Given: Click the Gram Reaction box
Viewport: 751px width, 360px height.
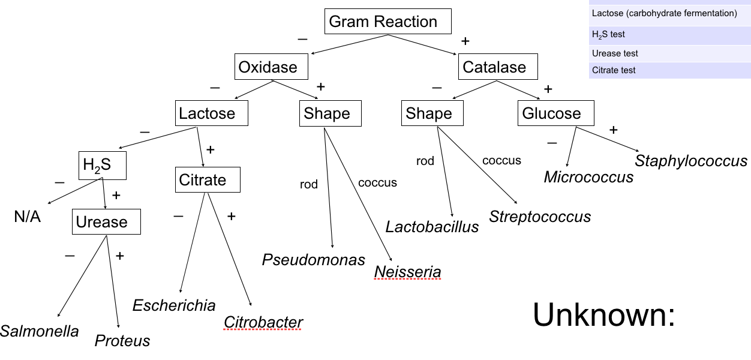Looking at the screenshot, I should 387,22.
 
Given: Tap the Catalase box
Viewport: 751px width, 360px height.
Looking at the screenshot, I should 497,67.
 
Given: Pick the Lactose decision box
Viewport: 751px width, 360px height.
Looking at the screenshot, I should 212,113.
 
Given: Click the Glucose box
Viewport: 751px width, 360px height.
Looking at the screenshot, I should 555,113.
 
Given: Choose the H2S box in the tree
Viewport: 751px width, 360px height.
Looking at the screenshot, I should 102,165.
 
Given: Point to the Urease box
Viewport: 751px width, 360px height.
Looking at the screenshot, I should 106,221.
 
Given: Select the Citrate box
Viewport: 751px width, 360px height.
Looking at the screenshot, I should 207,179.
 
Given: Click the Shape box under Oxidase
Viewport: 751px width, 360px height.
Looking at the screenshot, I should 330,113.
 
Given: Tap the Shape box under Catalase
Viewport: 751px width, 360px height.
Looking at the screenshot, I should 432,113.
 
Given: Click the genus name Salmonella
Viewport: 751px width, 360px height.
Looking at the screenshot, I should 40,331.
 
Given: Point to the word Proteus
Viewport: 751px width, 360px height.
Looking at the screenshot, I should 122,341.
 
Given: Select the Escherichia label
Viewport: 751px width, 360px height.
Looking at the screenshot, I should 174,305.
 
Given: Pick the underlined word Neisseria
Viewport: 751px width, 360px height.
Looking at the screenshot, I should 408,272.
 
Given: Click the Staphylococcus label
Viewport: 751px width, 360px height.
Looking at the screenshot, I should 691,161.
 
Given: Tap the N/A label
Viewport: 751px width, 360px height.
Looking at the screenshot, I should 28,217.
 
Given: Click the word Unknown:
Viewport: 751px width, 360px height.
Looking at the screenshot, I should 604,314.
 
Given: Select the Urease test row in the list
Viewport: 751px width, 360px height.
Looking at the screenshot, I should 669,53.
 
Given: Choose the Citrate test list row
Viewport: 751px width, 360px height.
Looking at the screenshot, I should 669,70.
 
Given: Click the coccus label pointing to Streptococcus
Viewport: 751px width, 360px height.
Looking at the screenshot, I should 501,160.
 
